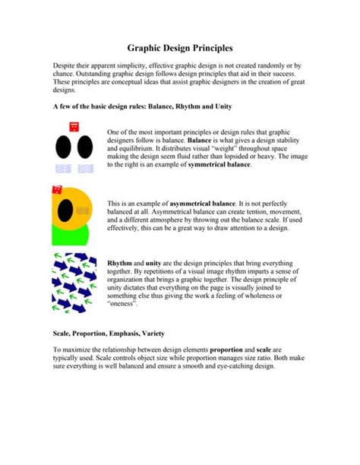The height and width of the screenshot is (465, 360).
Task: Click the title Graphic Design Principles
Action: tap(180, 47)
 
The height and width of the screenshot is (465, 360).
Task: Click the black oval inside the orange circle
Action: tap(66, 206)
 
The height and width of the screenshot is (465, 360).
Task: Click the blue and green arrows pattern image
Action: tap(73, 282)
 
